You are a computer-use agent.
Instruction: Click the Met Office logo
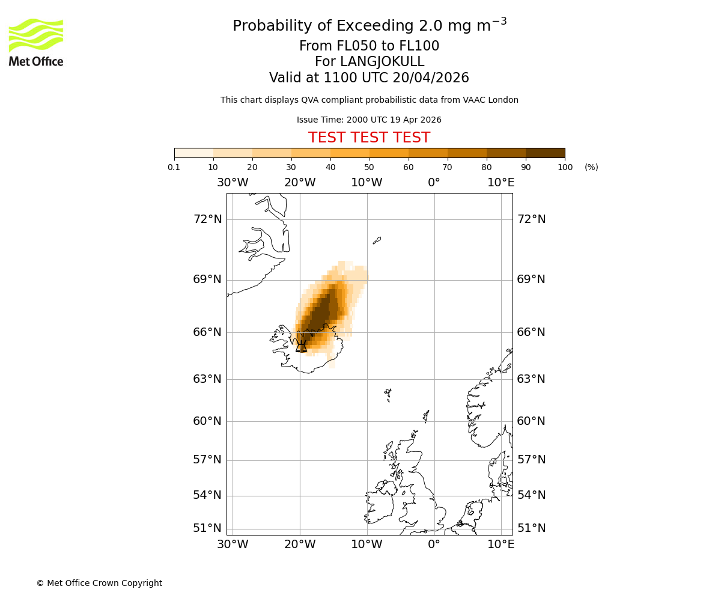click(x=36, y=42)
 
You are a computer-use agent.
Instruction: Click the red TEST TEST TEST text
click(x=369, y=138)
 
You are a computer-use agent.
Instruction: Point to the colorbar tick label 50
click(x=370, y=167)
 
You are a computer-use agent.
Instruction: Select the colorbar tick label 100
click(x=565, y=167)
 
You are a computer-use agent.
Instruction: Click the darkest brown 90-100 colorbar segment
click(x=545, y=153)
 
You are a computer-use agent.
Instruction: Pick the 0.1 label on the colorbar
click(x=174, y=167)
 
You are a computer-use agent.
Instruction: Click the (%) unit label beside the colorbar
click(x=591, y=167)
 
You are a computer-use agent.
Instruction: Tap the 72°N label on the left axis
click(x=207, y=219)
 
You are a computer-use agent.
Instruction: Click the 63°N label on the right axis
click(x=531, y=379)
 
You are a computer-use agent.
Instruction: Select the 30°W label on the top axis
click(x=233, y=183)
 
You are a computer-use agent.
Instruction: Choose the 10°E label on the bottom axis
click(x=500, y=545)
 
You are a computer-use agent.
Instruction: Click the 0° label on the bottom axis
click(x=434, y=545)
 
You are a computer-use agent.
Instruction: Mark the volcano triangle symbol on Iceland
click(x=301, y=347)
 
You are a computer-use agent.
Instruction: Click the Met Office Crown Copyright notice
click(x=99, y=583)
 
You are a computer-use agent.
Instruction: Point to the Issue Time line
click(x=369, y=120)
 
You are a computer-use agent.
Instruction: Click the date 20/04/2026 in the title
click(x=431, y=78)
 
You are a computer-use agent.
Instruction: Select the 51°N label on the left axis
click(x=207, y=528)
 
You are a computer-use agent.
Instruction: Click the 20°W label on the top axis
click(x=300, y=183)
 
